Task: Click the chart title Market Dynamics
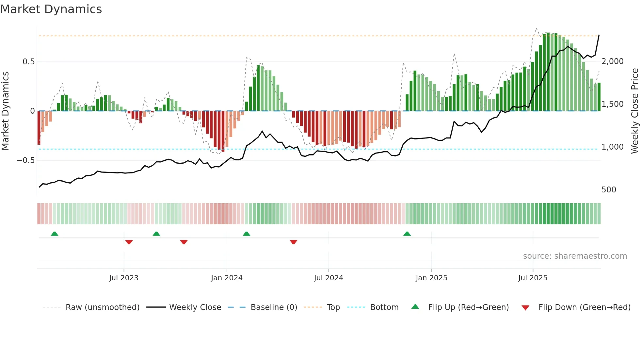pos(51,9)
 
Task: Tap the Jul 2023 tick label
pos(124,278)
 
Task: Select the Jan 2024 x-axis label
pos(227,278)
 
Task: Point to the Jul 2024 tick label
pos(328,278)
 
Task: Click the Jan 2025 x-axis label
pos(431,278)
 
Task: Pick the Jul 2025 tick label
pos(533,278)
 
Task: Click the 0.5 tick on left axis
pos(28,62)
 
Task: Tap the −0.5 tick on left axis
pos(26,160)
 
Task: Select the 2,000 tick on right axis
pos(613,61)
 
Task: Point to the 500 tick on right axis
pos(609,190)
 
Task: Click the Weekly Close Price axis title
pos(634,111)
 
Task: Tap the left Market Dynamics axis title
pos(5,111)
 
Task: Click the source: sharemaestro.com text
pos(575,256)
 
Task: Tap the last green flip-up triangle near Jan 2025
pos(407,234)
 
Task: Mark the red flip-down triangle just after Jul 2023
pos(129,242)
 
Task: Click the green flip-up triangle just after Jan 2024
pos(247,234)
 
